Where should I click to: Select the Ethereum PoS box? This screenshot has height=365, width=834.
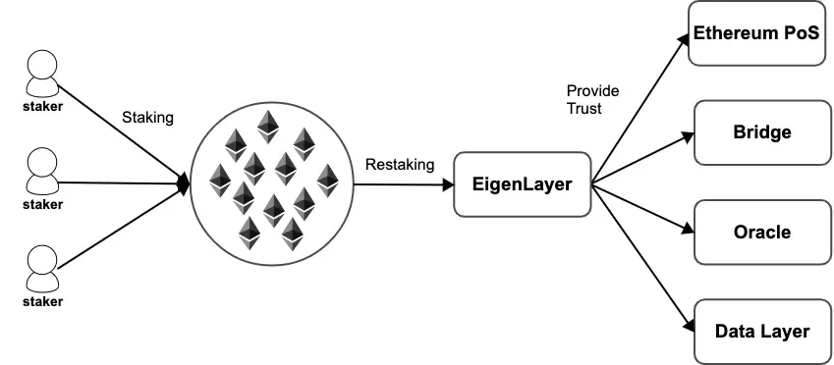756,33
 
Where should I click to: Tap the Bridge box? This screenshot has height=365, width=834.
761,132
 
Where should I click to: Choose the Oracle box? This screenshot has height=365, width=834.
761,233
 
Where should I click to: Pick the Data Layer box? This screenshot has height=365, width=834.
761,332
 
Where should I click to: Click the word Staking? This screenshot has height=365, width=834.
147,118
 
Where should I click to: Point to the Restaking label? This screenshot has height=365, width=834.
399,165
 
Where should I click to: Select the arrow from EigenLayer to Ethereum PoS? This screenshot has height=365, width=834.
639,107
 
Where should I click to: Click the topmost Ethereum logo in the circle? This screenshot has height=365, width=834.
266,126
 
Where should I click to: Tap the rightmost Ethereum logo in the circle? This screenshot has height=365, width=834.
326,180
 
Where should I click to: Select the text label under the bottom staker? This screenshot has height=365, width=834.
42,301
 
